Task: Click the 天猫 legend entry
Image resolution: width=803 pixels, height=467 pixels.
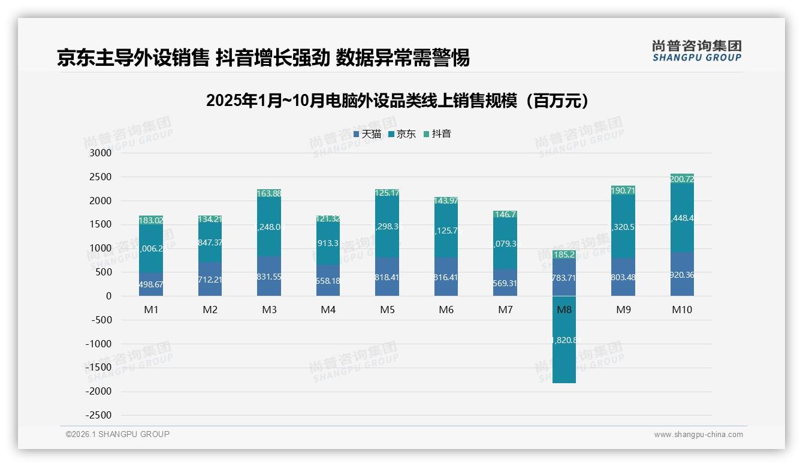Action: click(x=367, y=134)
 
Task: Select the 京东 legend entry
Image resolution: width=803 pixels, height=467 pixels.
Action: click(x=402, y=134)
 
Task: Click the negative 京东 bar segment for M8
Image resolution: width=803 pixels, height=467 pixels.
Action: click(x=564, y=359)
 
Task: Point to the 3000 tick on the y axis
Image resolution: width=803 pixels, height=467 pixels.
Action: click(x=100, y=153)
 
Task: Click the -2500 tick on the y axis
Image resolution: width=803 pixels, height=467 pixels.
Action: click(x=98, y=416)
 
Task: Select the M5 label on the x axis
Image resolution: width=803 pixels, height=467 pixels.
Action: click(x=387, y=310)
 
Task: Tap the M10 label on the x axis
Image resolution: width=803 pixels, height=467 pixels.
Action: click(x=682, y=310)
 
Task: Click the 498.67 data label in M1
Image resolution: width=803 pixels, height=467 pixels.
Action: click(x=151, y=285)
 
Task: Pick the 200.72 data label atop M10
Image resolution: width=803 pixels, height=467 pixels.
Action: click(x=682, y=179)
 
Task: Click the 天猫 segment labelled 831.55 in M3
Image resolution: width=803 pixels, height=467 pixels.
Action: click(x=269, y=277)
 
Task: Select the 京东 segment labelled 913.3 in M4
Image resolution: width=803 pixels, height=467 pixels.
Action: click(x=328, y=244)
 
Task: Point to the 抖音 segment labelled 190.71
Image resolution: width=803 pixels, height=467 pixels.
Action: click(x=623, y=190)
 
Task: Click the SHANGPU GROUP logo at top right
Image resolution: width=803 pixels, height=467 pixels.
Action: click(x=696, y=51)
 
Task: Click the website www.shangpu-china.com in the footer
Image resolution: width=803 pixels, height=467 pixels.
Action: click(x=698, y=435)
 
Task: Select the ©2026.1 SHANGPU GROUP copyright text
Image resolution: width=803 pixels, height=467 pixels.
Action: click(x=117, y=434)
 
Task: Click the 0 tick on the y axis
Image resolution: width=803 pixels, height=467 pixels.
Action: click(x=108, y=296)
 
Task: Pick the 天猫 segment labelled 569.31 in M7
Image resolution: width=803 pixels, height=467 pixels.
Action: click(x=505, y=284)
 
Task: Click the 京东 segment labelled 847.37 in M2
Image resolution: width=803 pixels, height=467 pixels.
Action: click(x=210, y=242)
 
